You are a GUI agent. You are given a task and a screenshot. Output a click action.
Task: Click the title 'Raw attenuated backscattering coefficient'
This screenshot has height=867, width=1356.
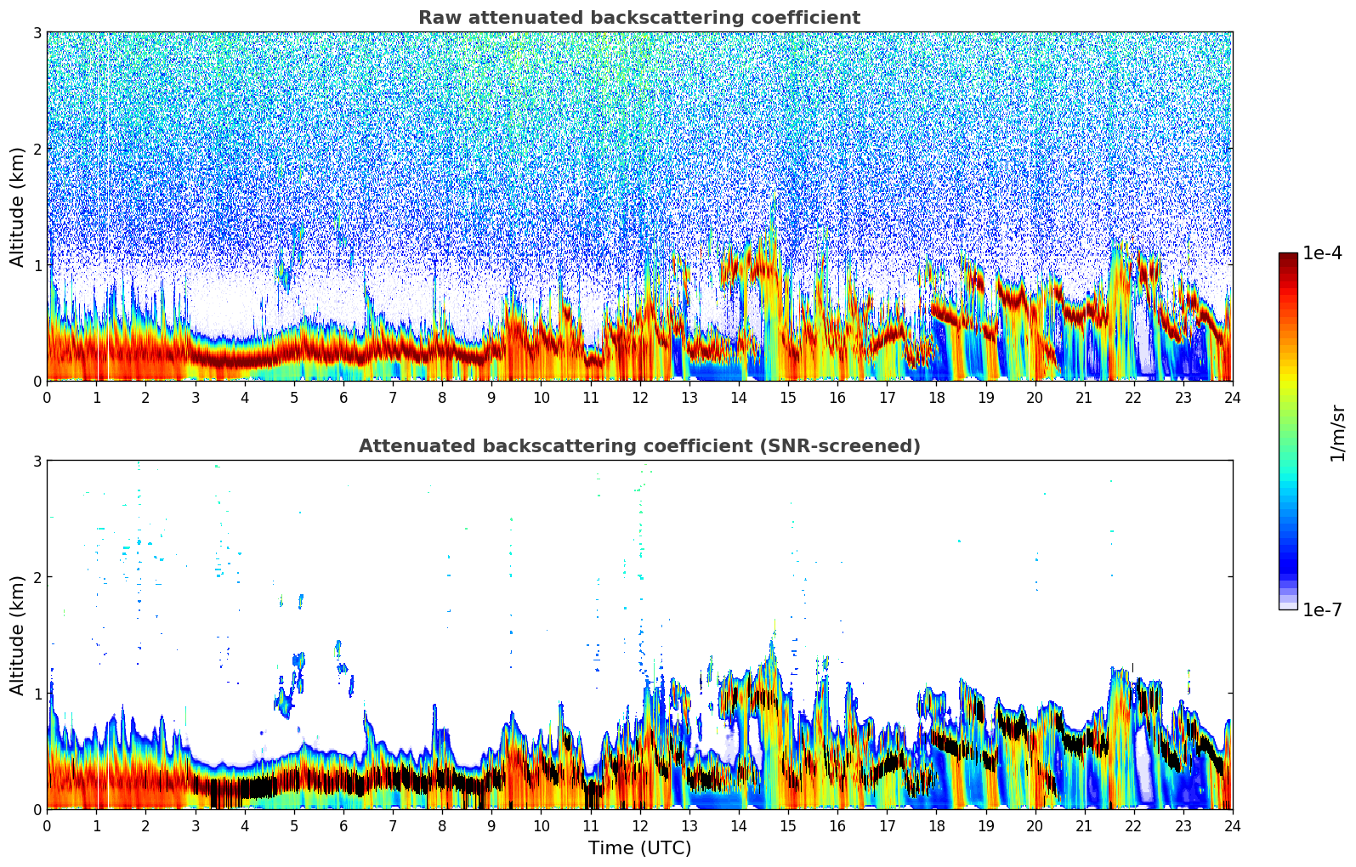point(638,18)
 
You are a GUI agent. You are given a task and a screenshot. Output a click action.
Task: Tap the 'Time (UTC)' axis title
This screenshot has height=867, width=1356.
point(639,848)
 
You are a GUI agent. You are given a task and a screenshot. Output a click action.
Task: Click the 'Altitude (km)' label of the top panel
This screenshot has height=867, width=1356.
point(17,207)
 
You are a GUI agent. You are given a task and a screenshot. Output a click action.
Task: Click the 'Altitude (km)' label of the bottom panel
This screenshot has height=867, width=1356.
point(17,635)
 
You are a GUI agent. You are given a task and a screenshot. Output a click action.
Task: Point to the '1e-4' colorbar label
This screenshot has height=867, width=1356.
point(1322,253)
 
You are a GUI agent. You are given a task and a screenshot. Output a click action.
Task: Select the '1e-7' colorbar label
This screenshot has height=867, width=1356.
point(1322,609)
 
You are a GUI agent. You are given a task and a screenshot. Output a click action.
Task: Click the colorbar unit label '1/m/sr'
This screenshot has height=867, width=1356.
point(1337,432)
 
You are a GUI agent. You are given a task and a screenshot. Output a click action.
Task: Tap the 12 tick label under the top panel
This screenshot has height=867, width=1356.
point(639,397)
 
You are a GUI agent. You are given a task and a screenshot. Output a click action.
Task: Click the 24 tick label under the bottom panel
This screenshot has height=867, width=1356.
point(1232,825)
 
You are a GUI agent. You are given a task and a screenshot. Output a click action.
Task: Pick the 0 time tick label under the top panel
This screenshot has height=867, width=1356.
point(47,397)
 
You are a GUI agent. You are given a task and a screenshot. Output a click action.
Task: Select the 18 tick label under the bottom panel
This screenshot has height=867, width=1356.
point(936,825)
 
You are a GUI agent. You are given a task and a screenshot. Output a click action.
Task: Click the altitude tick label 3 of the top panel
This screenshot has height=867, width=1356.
point(37,33)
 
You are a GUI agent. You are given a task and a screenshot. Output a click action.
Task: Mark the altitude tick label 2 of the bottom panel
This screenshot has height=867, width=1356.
point(37,577)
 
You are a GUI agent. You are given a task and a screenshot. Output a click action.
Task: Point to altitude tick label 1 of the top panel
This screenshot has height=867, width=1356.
point(37,265)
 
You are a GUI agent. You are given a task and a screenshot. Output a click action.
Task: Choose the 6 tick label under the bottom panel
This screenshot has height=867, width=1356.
point(343,825)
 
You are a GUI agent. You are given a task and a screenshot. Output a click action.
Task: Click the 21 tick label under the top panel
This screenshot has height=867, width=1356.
point(1084,397)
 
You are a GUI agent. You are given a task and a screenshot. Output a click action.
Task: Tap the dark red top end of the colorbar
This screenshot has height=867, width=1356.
point(1287,257)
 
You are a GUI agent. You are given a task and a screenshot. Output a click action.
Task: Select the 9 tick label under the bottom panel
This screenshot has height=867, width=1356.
point(491,825)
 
